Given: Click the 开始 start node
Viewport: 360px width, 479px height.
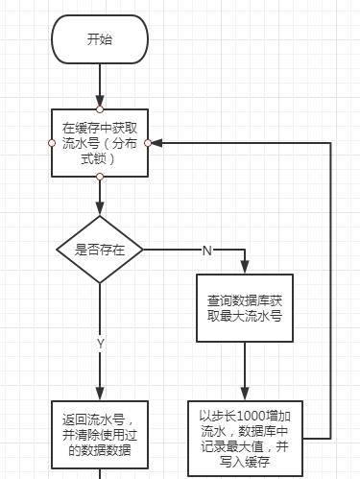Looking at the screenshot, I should tap(99, 39).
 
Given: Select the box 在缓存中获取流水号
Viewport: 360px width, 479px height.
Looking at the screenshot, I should tap(99, 142).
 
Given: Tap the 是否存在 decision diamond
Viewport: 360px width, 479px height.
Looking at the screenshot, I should tap(99, 250).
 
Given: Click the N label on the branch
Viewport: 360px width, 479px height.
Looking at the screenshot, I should tap(205, 250).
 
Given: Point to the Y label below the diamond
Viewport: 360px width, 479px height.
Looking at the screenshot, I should tap(99, 342).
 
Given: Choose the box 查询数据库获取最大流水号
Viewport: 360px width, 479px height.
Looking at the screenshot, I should tap(244, 307).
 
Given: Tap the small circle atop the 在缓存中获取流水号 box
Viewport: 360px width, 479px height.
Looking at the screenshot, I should tap(99, 108).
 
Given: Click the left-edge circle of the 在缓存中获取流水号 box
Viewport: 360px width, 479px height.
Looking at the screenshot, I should tap(51, 142).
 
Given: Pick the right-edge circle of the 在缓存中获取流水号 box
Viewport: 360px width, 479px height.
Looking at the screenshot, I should tap(148, 142).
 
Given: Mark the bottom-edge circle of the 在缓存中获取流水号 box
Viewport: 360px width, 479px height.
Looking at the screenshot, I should tap(99, 177).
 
